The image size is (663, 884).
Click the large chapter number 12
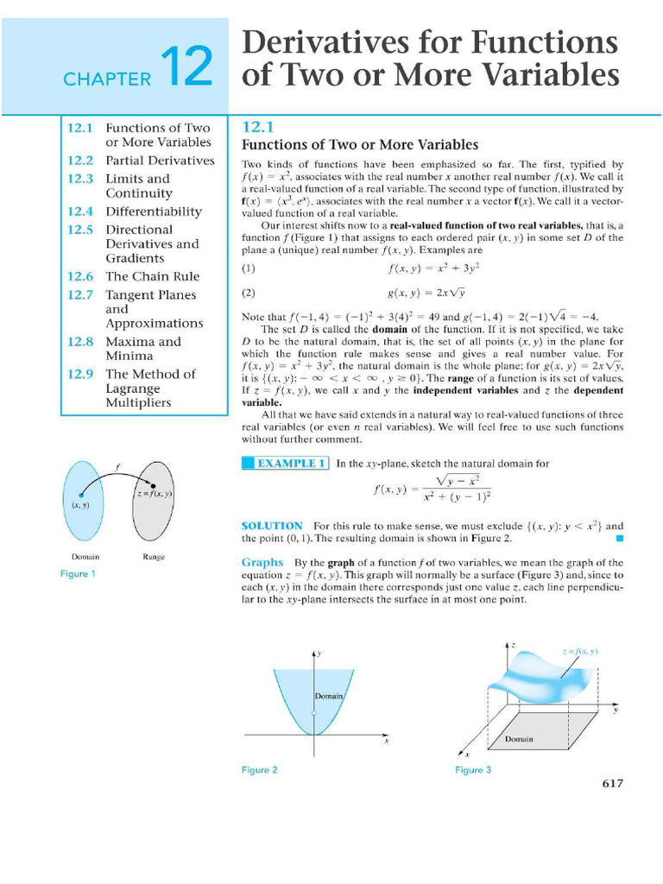click(186, 68)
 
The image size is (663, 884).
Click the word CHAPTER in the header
click(107, 79)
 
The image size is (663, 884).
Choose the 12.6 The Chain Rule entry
click(133, 276)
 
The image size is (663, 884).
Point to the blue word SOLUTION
click(272, 525)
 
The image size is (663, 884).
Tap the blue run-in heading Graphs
click(262, 562)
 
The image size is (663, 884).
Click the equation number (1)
click(249, 268)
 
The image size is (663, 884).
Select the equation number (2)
click(249, 292)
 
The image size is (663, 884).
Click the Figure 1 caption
click(78, 574)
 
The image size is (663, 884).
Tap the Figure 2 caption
click(260, 770)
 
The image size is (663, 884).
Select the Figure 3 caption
click(473, 770)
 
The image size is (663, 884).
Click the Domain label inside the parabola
click(329, 696)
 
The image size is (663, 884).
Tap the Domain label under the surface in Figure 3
click(519, 739)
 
